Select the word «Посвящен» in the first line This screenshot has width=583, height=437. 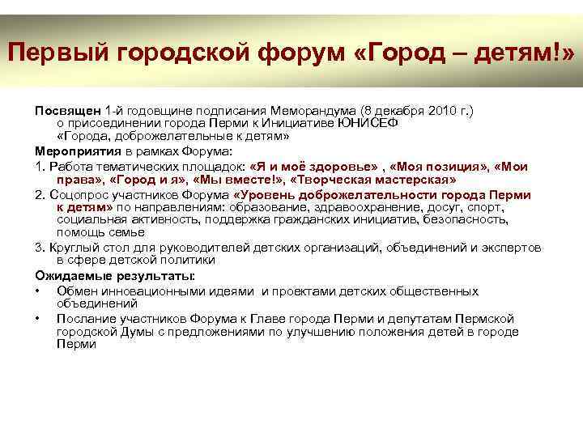[x=67, y=109]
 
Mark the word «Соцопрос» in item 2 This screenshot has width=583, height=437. [x=75, y=194]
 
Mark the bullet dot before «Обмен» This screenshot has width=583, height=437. [x=38, y=291]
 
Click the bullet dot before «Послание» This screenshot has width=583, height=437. [x=38, y=318]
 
